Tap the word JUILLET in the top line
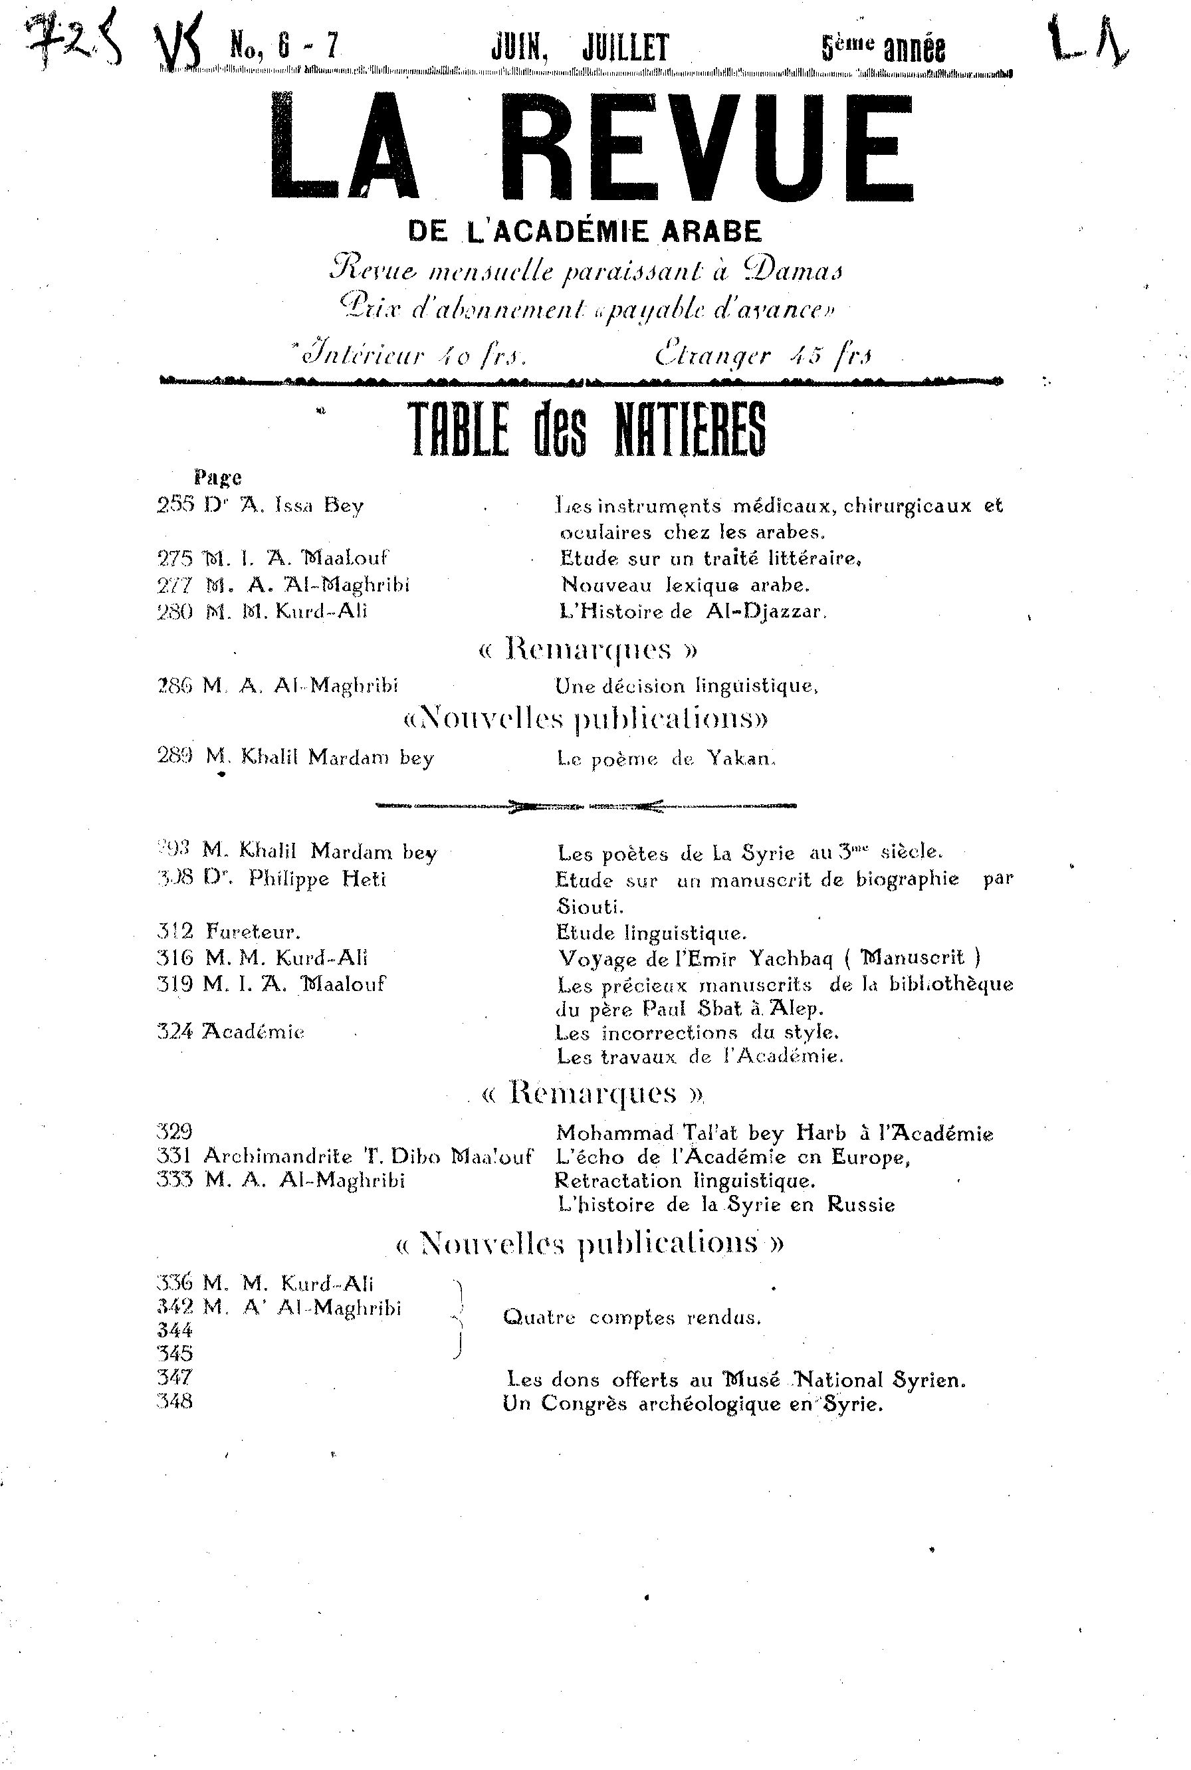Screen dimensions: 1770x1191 click(625, 49)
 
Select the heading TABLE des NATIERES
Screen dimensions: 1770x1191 click(586, 429)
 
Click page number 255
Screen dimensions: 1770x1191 click(175, 505)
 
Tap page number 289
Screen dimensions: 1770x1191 click(175, 756)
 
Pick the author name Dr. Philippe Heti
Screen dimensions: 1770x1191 click(294, 879)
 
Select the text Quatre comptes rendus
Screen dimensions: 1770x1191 click(631, 1317)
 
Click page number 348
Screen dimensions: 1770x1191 click(175, 1402)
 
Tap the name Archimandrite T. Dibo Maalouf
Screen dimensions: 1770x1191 click(368, 1157)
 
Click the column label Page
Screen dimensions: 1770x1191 click(218, 478)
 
